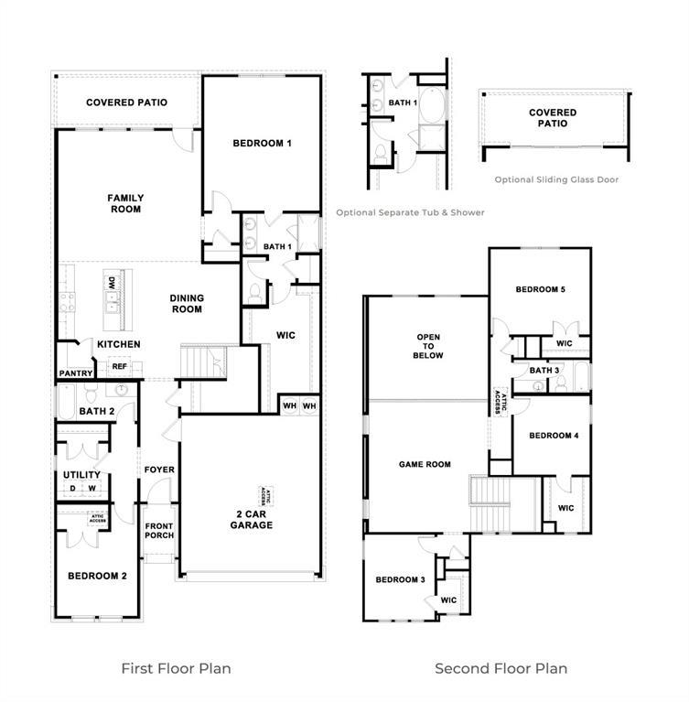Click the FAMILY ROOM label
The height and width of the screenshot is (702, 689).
(125, 203)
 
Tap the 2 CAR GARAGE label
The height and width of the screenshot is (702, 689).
(250, 519)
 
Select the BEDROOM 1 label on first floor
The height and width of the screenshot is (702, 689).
(262, 144)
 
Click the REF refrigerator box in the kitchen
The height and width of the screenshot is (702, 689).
(119, 366)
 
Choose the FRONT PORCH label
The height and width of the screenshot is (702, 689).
(159, 531)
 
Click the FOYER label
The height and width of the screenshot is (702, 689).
(159, 470)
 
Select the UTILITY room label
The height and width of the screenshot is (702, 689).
(81, 475)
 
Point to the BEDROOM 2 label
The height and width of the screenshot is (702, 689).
(97, 576)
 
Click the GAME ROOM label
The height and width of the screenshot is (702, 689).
(425, 464)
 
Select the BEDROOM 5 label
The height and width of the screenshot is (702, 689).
(540, 289)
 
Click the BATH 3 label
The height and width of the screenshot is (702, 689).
(544, 370)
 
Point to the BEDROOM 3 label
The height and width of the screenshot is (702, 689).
(400, 580)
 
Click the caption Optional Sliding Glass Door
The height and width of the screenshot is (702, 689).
(556, 180)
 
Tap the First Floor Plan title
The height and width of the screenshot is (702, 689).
(176, 668)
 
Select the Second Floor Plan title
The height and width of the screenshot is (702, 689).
(501, 668)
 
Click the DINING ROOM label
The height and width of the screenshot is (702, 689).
(187, 303)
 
